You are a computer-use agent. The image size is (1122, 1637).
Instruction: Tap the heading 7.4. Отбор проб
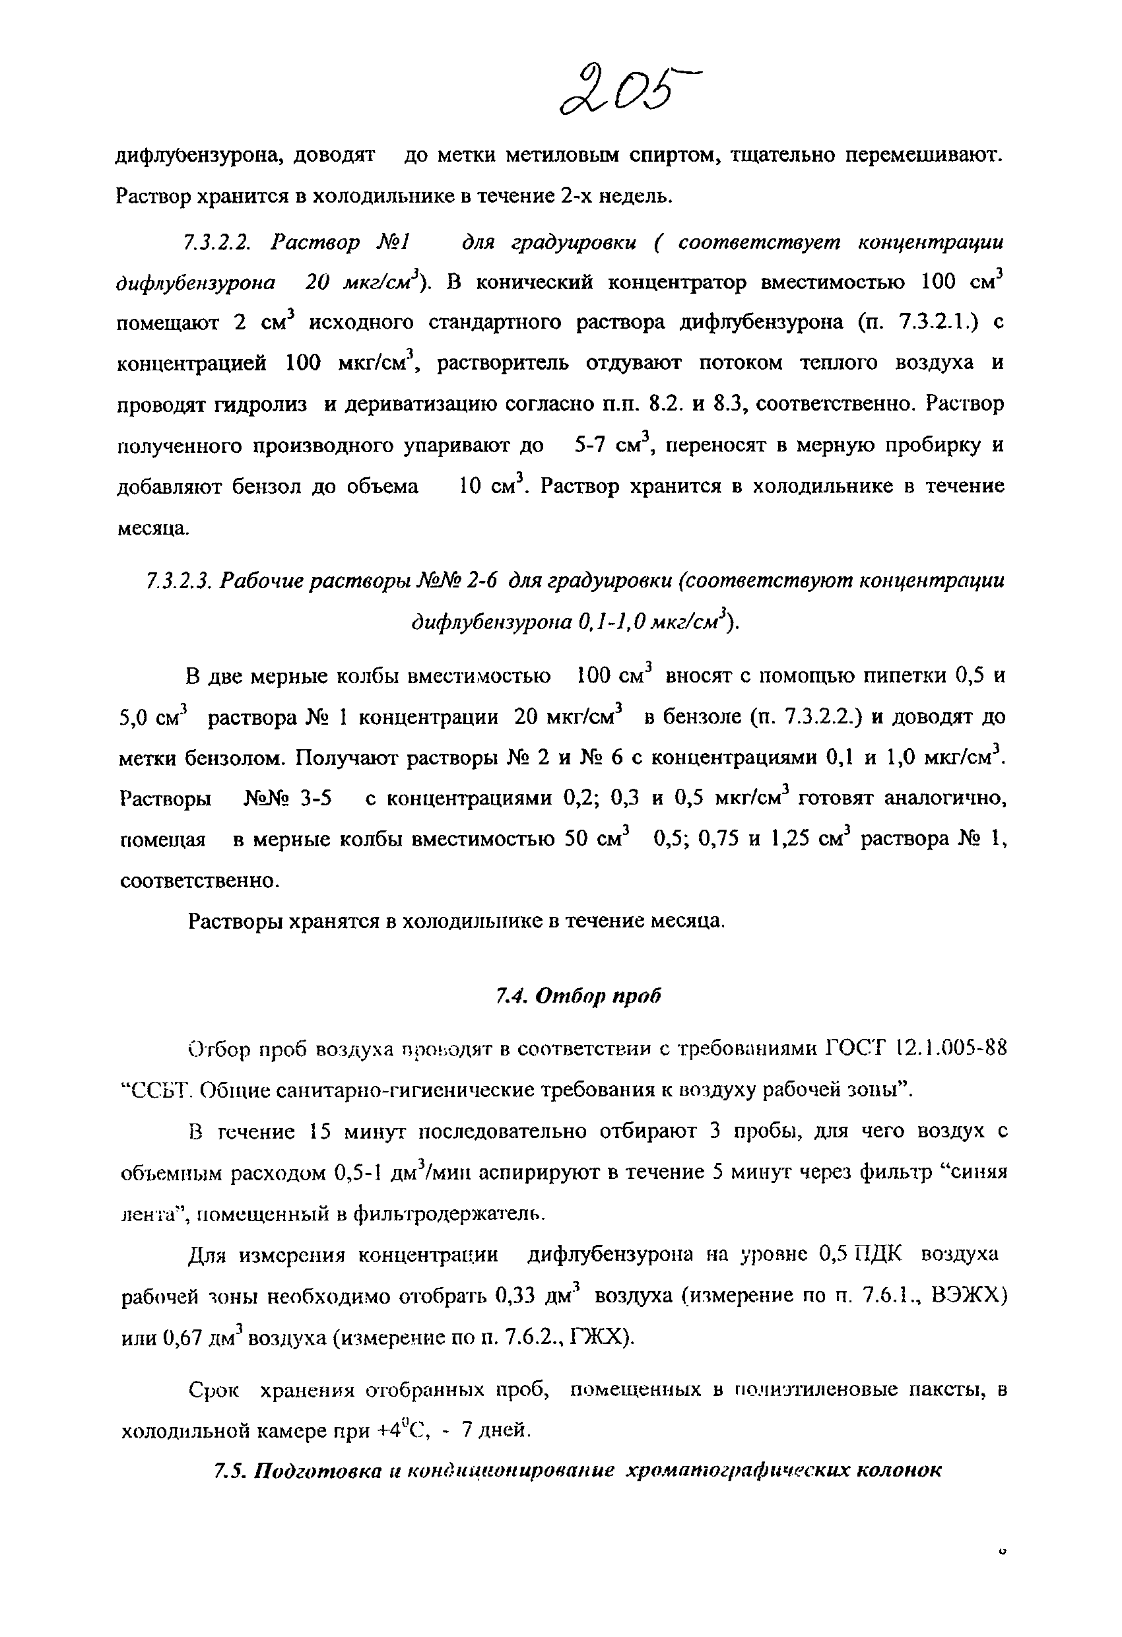(x=579, y=995)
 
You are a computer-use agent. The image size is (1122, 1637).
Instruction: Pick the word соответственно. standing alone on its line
(x=199, y=881)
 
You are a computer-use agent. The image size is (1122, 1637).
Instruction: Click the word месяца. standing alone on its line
(x=152, y=528)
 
